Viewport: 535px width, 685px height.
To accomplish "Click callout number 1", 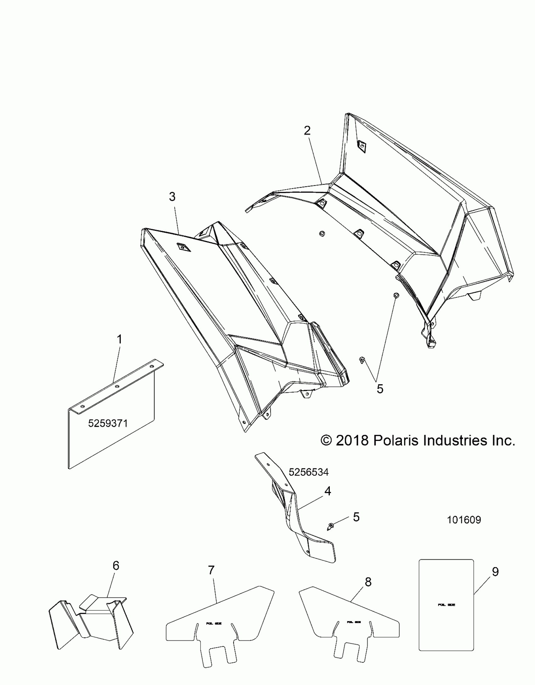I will click(x=119, y=340).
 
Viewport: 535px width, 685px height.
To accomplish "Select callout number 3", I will click(x=172, y=197).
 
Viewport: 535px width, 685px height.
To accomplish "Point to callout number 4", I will click(x=328, y=491).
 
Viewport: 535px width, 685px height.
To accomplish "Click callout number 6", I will click(x=116, y=566).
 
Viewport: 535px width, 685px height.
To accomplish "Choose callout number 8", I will click(x=368, y=582).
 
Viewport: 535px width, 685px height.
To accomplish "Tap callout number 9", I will click(x=495, y=572).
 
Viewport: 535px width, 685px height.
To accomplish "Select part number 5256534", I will click(x=308, y=472).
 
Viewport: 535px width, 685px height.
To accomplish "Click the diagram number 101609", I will click(x=464, y=520).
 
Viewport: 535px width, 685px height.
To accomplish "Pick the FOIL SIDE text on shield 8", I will click(x=353, y=622).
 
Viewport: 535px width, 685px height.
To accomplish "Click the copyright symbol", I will click(x=326, y=441).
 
